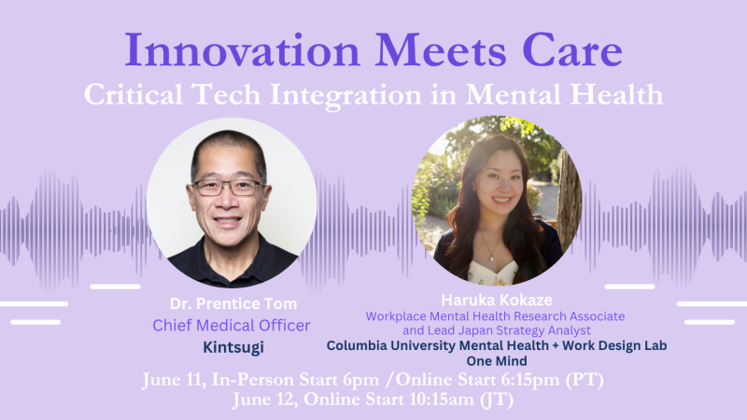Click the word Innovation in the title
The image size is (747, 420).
click(242, 50)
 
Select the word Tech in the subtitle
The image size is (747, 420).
click(226, 94)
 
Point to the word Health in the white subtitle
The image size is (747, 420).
click(616, 94)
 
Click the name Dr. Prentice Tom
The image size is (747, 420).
click(233, 304)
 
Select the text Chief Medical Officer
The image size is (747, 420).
click(232, 325)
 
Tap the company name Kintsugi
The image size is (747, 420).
click(233, 347)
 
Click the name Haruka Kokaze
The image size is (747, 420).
click(497, 300)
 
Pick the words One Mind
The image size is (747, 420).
click(497, 361)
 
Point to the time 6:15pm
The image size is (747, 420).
click(530, 380)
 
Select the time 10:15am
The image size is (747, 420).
click(441, 399)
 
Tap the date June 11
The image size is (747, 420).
click(174, 380)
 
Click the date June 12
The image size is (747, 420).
click(265, 399)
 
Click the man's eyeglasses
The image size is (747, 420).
click(229, 188)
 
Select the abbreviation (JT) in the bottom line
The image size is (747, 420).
click(497, 399)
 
